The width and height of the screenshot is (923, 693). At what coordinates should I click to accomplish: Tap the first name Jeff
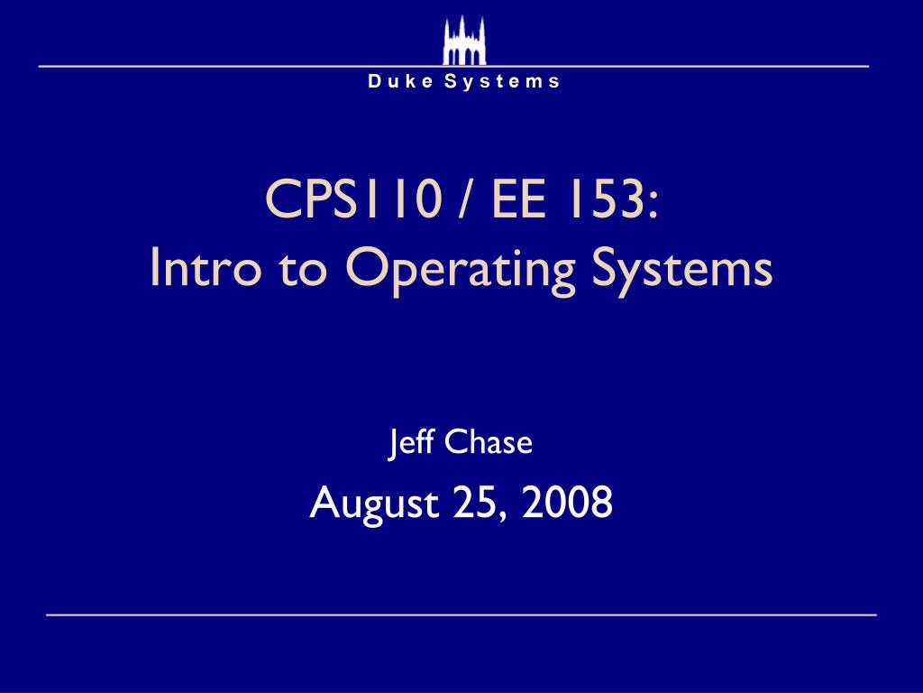pos(405,443)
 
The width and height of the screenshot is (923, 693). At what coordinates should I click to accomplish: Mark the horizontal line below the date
pos(461,614)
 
